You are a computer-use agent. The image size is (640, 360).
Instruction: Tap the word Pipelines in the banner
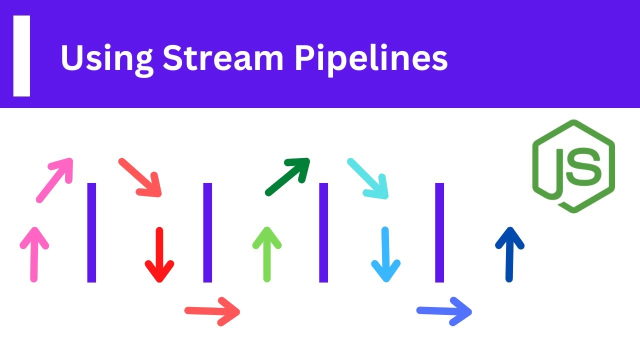371,60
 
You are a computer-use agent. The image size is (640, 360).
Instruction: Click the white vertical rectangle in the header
21,56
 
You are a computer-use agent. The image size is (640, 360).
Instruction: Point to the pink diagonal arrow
54,180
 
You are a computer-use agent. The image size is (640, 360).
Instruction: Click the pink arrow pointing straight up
34,254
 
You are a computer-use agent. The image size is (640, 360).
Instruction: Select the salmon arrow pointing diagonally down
140,177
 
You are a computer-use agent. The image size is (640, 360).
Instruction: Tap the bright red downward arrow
159,255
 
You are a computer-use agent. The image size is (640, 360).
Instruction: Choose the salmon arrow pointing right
212,311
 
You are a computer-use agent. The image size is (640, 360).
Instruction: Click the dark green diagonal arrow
287,177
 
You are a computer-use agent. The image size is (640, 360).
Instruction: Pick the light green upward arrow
267,254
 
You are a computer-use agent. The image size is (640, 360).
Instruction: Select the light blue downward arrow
385,255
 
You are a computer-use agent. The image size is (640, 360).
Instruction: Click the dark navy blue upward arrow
509,254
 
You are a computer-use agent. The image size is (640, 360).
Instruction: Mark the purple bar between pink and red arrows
91,232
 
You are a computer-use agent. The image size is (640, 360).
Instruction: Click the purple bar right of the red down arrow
207,232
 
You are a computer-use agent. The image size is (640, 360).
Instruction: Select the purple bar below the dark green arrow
323,232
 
